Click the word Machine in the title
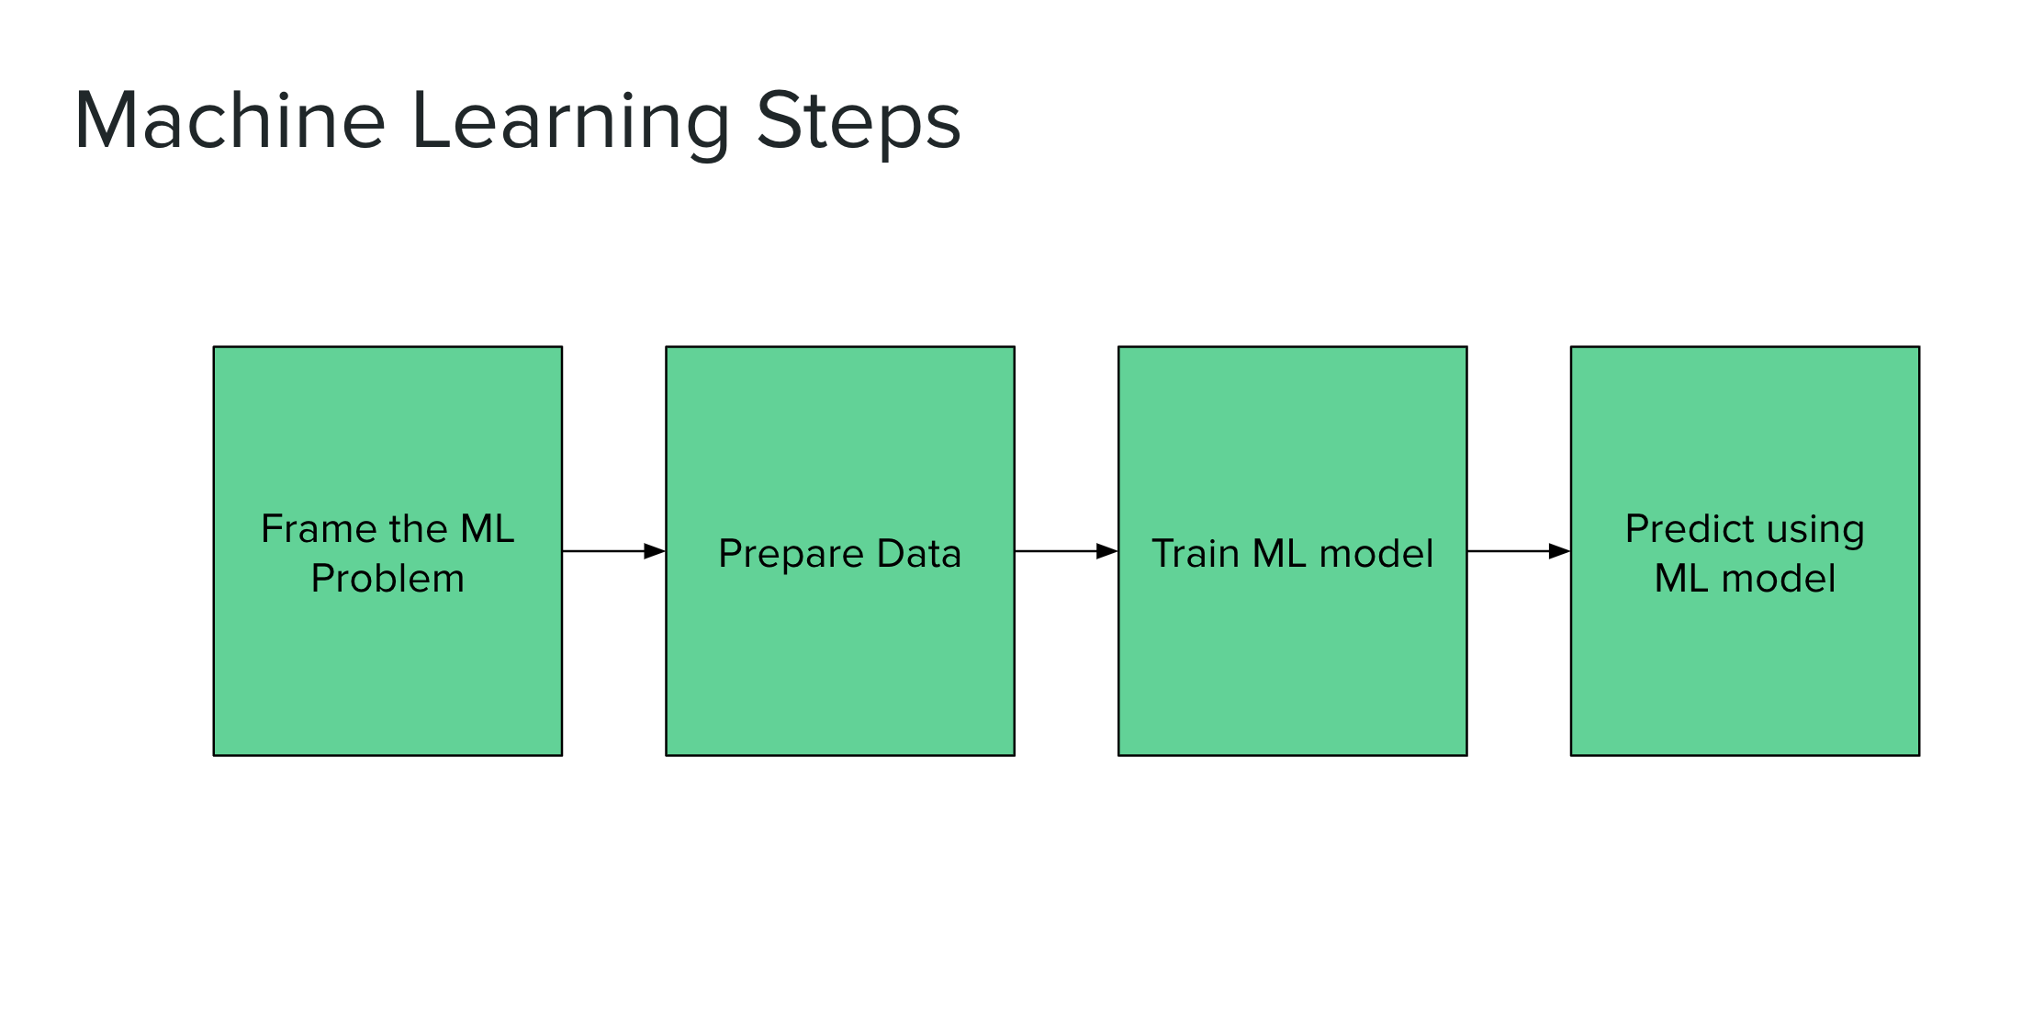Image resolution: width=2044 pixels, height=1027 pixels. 230,121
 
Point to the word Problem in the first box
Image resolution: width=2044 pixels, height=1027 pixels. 387,579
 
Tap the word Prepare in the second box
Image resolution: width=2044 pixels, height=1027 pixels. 791,555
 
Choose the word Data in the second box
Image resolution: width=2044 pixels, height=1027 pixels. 918,554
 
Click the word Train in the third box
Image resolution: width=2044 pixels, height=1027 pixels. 1195,554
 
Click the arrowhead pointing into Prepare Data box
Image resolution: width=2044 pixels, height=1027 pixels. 655,551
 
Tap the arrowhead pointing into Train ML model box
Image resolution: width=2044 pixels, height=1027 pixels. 1107,551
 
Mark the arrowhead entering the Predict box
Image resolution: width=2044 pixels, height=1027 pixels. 1559,551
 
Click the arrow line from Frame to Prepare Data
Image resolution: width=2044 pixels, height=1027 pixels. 601,551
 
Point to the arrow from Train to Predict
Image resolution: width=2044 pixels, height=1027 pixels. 1506,551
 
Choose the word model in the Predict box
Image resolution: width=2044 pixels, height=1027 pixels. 1778,579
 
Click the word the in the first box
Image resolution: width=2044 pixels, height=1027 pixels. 418,529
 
